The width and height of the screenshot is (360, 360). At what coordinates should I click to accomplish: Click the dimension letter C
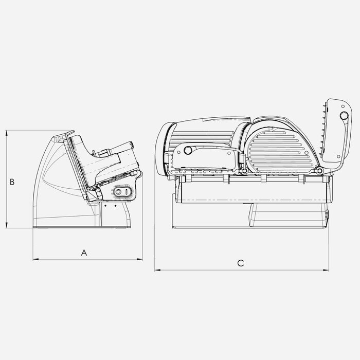coord(240,263)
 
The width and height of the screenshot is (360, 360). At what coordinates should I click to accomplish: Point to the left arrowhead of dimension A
coord(34,259)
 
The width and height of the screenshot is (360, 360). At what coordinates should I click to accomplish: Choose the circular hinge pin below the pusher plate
coord(319,170)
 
